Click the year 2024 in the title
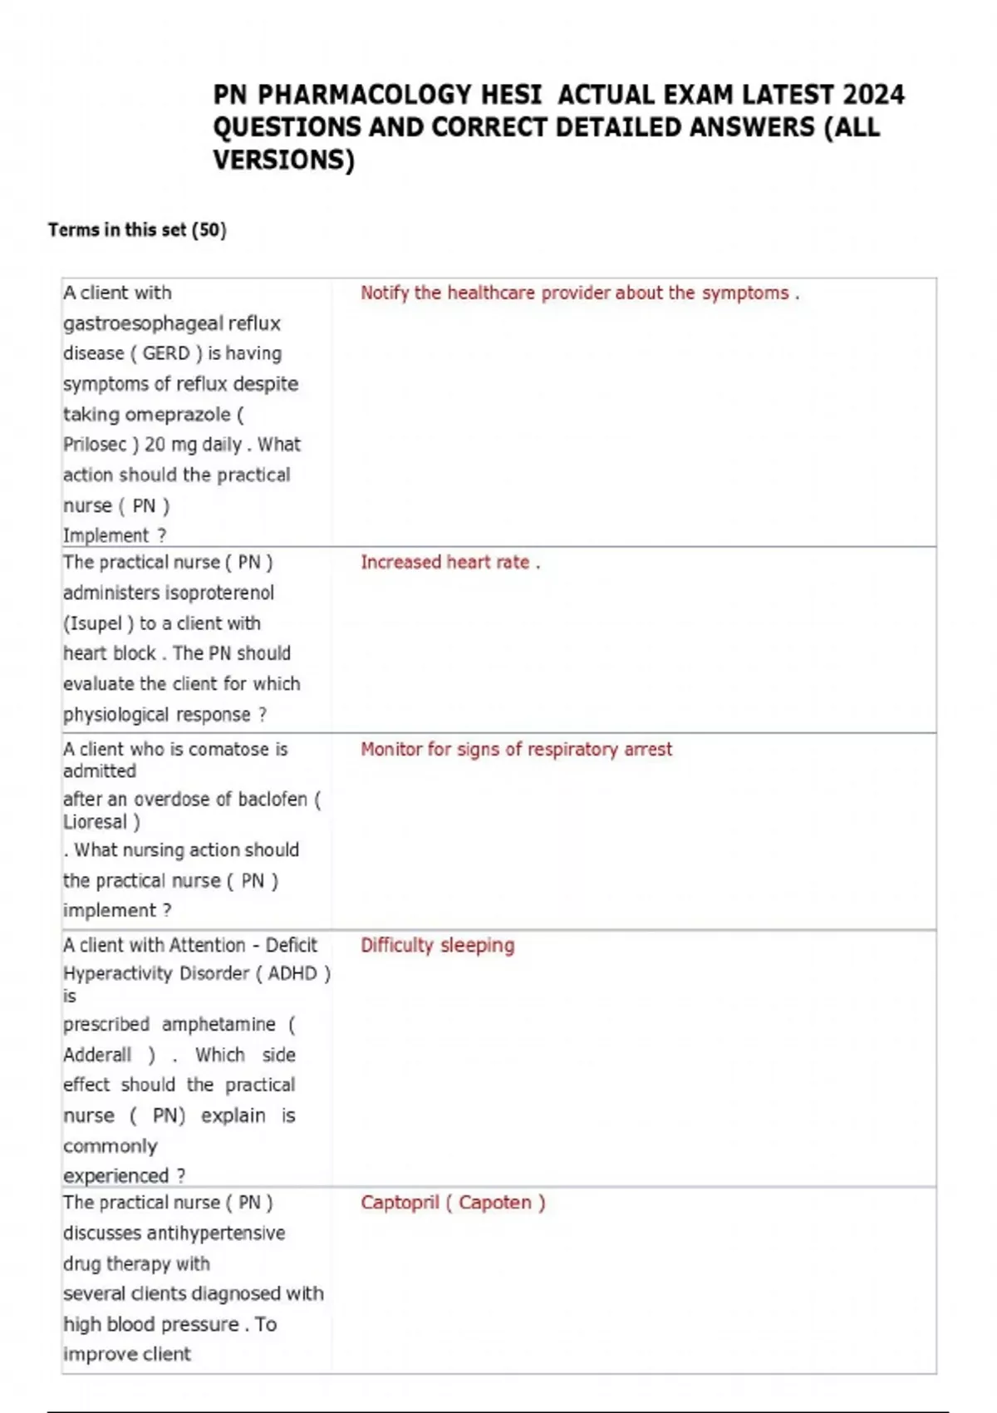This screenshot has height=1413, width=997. tap(872, 95)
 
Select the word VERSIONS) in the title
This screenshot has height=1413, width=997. tap(283, 160)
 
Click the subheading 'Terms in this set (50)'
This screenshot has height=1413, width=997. tap(137, 229)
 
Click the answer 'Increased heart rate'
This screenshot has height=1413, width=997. tap(449, 562)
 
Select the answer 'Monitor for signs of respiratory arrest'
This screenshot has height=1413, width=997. tap(516, 749)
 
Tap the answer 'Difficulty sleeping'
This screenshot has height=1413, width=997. tap(437, 945)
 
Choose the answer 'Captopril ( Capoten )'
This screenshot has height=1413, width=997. tap(453, 1203)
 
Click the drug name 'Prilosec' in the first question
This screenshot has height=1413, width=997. tap(95, 445)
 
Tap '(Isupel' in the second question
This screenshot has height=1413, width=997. tap(93, 623)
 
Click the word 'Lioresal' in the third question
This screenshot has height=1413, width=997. tap(95, 822)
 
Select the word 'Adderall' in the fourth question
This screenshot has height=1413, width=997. tap(97, 1055)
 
